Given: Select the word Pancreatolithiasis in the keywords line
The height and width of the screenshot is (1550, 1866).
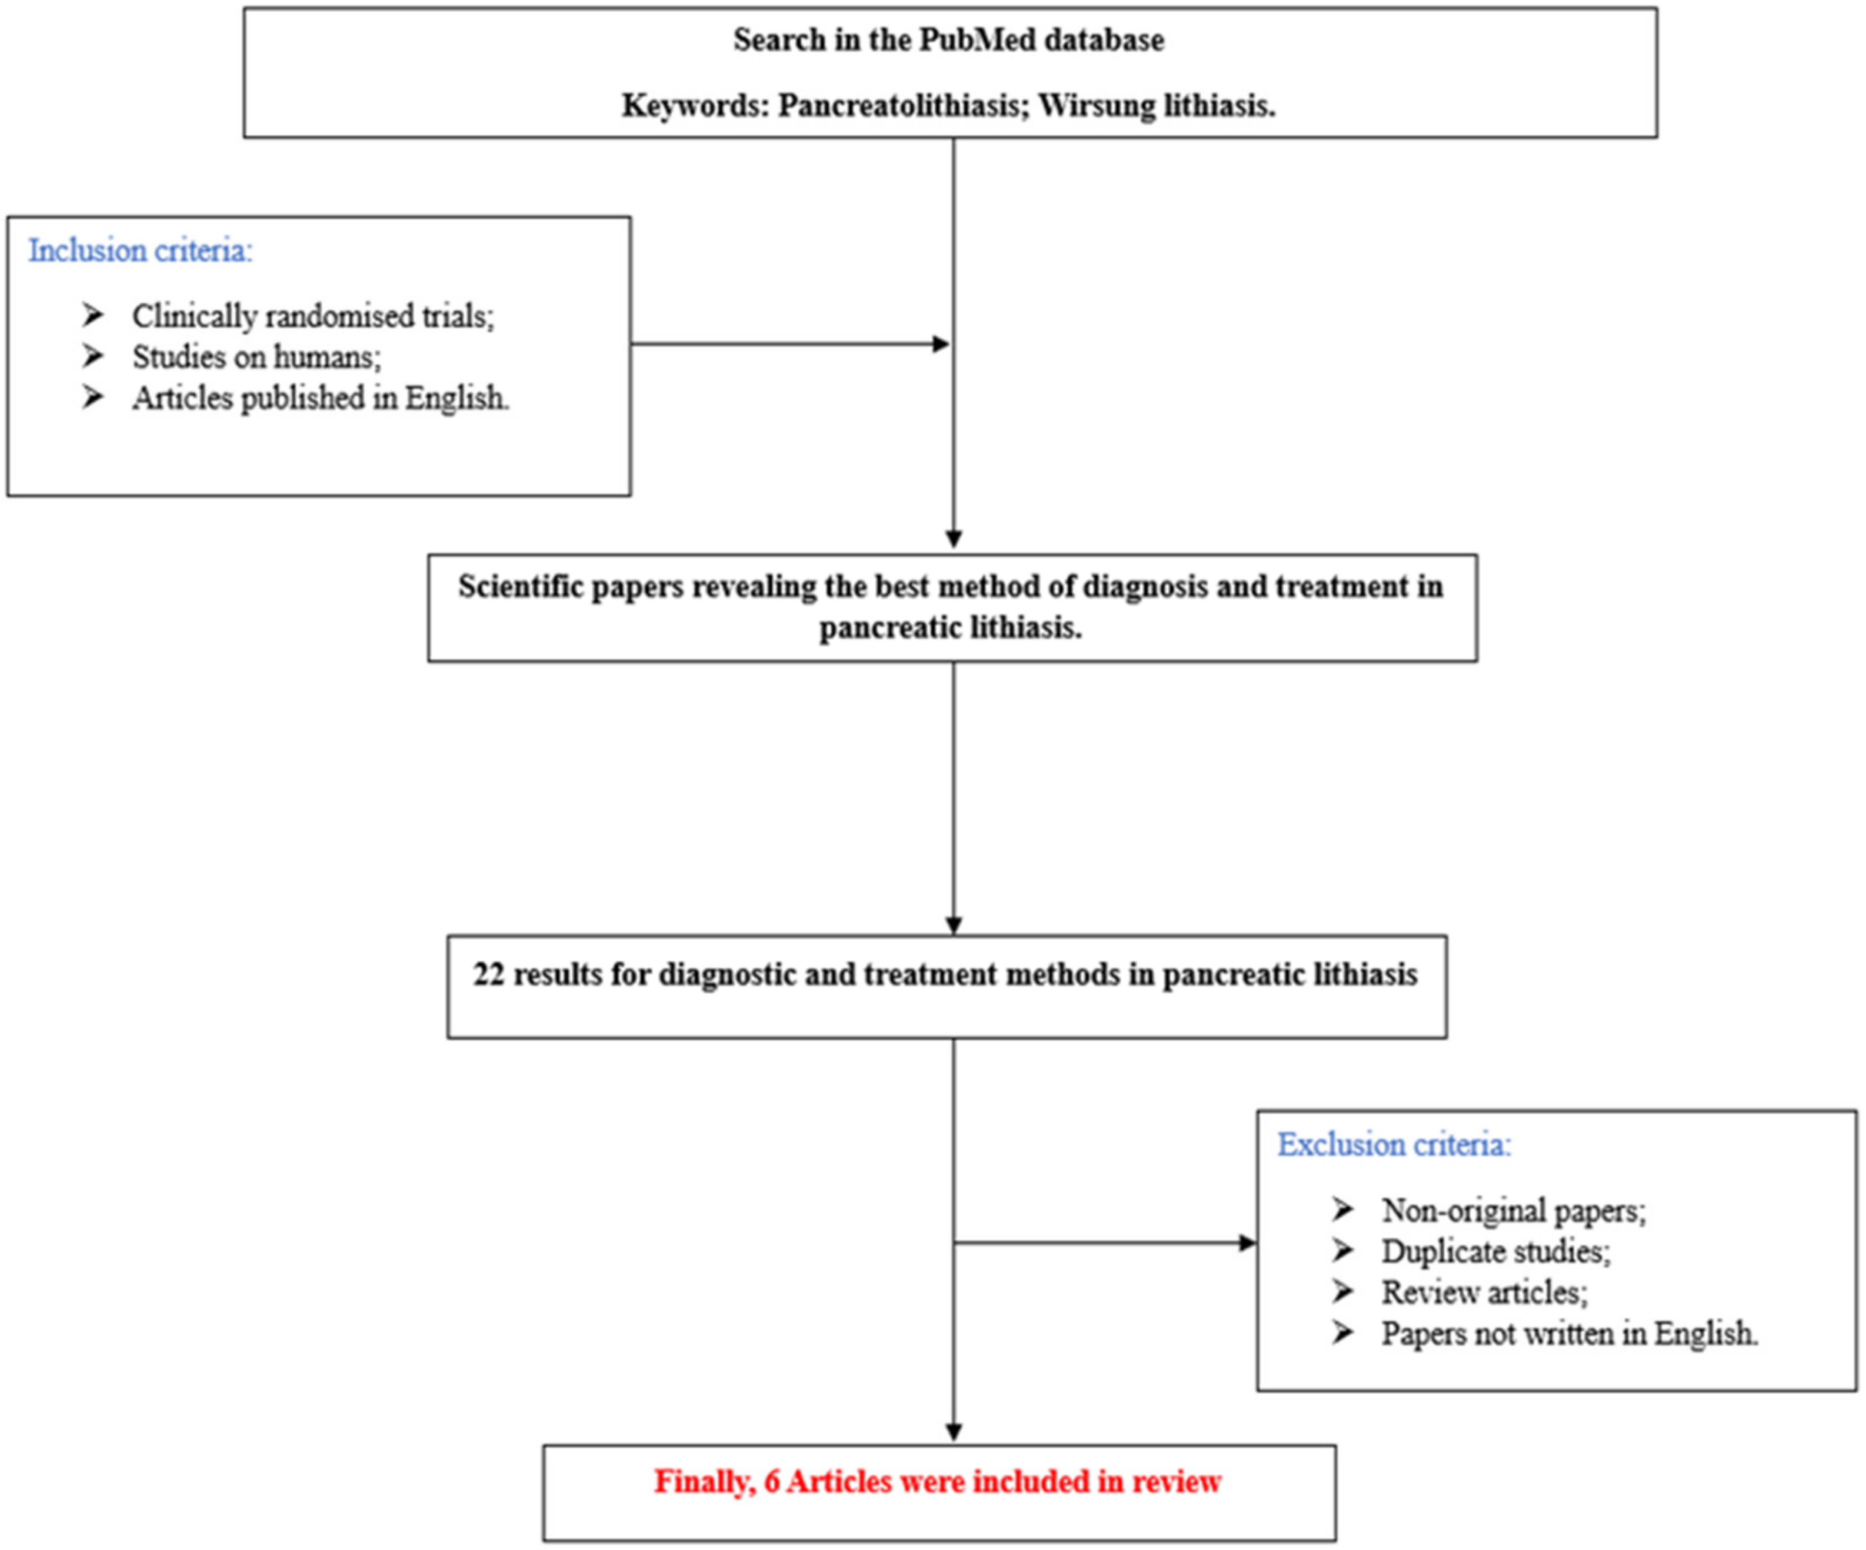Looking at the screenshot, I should click(899, 106).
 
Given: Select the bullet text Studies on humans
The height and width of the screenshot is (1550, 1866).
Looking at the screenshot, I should click(256, 357).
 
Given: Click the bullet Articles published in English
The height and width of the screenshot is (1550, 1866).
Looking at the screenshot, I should click(320, 398).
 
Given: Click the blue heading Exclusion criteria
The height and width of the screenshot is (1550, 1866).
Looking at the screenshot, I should click(1393, 1145).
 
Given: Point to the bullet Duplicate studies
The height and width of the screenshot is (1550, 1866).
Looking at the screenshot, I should click(1495, 1251).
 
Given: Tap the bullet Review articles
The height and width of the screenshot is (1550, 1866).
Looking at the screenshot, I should click(1484, 1292).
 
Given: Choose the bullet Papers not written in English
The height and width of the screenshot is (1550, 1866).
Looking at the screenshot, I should click(1570, 1333).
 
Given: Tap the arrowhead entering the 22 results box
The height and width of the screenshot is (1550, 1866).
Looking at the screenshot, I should click(954, 926).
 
